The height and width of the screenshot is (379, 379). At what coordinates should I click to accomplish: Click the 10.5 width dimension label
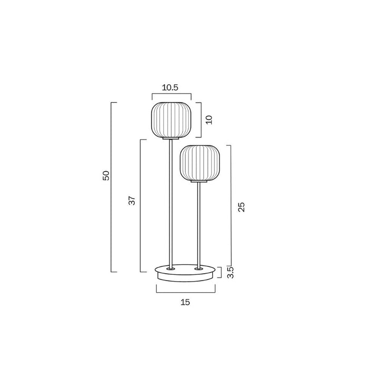click(x=171, y=88)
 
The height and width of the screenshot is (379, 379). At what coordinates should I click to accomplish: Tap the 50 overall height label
click(x=106, y=175)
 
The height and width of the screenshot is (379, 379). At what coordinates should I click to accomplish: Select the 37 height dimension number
click(x=132, y=200)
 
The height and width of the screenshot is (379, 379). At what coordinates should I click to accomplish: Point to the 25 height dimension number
click(x=241, y=207)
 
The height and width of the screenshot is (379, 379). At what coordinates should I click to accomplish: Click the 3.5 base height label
click(x=230, y=272)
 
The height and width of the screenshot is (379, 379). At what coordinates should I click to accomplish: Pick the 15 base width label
click(x=185, y=302)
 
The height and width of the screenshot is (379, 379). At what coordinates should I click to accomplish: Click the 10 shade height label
click(x=209, y=119)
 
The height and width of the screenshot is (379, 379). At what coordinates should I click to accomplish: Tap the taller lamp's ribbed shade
click(x=171, y=119)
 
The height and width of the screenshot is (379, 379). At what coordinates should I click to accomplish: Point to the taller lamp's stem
click(x=170, y=205)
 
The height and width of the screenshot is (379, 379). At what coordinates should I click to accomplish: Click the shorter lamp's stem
click(x=198, y=226)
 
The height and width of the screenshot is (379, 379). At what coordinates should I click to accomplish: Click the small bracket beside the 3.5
click(x=221, y=272)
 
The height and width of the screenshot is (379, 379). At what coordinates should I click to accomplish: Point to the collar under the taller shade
click(x=170, y=138)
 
